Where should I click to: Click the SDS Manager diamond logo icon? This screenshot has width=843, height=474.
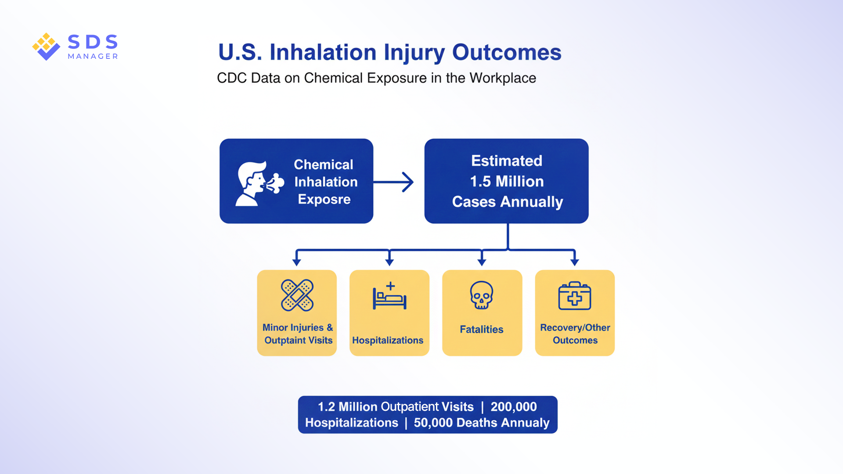click(x=46, y=46)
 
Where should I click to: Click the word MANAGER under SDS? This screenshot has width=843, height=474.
click(x=93, y=56)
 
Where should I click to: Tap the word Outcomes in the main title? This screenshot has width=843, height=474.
click(x=507, y=52)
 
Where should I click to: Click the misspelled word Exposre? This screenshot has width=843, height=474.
click(x=324, y=199)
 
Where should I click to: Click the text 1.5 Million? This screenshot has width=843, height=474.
click(x=507, y=181)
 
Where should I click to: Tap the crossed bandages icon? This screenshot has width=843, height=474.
click(x=297, y=295)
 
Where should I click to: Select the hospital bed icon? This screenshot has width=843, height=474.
click(x=389, y=296)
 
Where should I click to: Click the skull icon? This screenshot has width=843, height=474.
click(x=482, y=295)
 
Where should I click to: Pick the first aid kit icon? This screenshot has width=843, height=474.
click(x=574, y=296)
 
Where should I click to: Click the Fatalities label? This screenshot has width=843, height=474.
click(x=482, y=330)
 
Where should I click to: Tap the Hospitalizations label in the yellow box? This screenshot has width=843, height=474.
click(x=388, y=341)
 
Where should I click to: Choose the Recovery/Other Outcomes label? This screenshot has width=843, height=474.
click(x=575, y=334)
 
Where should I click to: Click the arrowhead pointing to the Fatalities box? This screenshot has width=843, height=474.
click(x=482, y=262)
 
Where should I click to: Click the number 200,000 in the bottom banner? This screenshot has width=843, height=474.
click(x=513, y=407)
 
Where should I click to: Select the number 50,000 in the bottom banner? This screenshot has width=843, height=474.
click(x=433, y=423)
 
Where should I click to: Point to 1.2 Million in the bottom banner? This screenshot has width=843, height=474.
click(x=347, y=407)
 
